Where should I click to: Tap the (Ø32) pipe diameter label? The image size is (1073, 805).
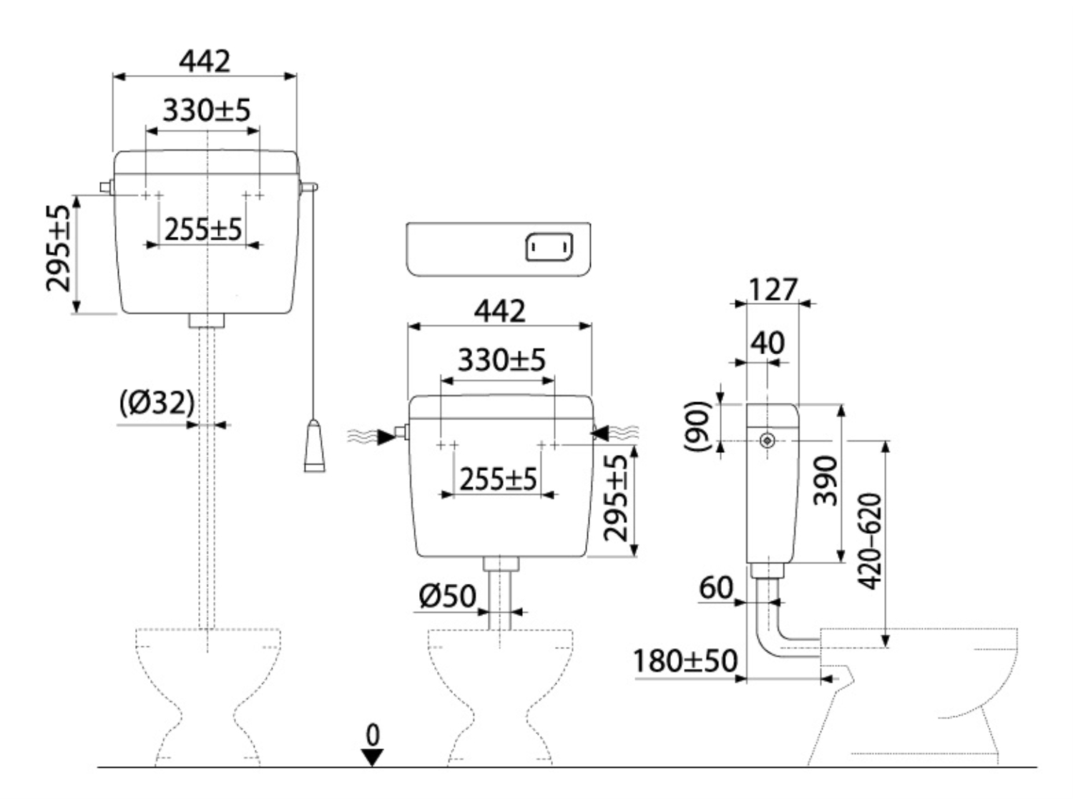point(157,403)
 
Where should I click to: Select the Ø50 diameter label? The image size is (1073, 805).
point(447,596)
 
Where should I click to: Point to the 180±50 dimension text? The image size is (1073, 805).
point(685,660)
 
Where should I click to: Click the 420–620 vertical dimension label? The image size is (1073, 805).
point(870,541)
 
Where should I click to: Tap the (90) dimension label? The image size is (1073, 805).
point(697,426)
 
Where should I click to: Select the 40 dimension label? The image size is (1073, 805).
point(768,343)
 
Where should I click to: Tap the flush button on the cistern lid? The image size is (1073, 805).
point(549,247)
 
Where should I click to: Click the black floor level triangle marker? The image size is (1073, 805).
point(373,757)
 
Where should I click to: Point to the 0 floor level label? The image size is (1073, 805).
point(373,735)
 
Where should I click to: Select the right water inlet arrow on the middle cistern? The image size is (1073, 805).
point(601,433)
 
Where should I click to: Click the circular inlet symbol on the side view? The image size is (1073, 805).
point(768,441)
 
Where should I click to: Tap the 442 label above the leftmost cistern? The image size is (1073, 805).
point(205,62)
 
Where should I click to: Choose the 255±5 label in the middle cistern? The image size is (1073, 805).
point(499,479)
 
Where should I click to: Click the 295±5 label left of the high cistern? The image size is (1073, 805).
point(58,248)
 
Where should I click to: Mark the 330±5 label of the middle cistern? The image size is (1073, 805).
point(501,360)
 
